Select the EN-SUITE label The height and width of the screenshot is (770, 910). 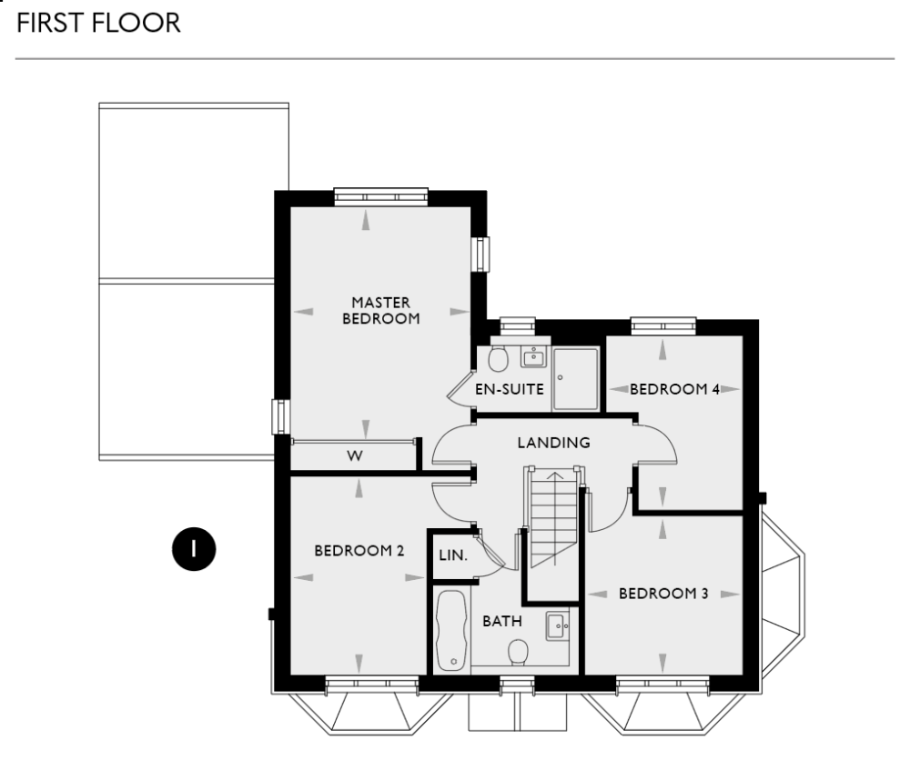pos(510,390)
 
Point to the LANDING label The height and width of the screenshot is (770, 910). pos(553,443)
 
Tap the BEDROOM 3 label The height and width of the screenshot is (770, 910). pos(663,594)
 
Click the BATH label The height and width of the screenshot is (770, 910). pos(501,622)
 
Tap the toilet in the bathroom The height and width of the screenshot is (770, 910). pos(518,652)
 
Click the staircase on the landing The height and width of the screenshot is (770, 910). pos(552,518)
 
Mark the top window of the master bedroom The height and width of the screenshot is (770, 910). pos(380,195)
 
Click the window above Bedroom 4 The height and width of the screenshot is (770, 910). pos(663,324)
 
